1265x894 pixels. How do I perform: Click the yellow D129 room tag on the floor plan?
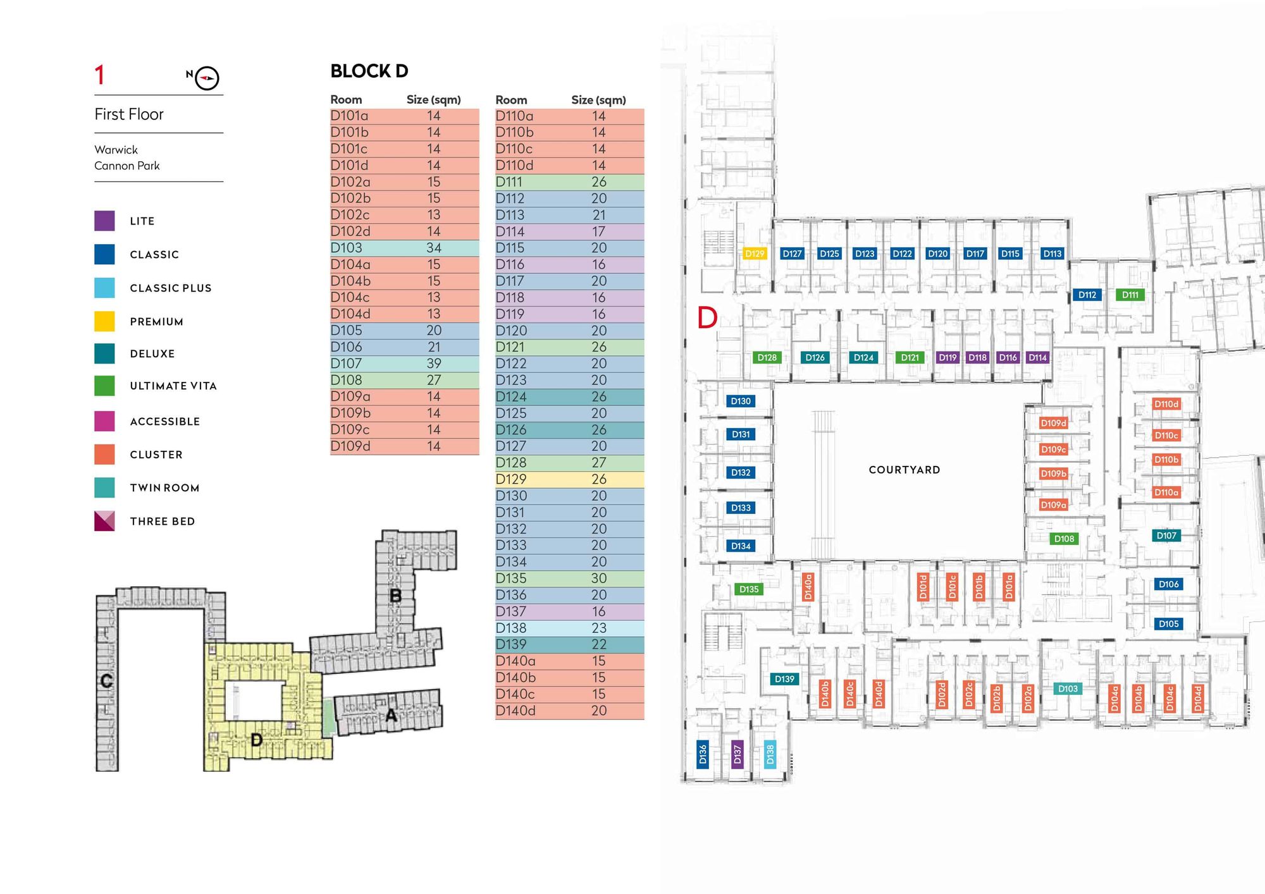755,254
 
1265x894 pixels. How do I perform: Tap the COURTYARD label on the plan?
904,470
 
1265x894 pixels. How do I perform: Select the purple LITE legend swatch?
104,221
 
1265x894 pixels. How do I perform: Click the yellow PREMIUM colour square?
104,321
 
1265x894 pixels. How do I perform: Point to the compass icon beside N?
207,78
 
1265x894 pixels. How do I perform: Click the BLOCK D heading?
369,71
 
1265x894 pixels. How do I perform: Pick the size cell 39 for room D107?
433,364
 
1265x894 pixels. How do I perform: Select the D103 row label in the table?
347,248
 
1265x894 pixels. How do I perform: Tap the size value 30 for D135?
598,579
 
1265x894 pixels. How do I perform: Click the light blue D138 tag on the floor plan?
770,754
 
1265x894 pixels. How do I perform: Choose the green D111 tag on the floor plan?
1130,295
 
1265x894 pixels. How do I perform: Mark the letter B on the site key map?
395,596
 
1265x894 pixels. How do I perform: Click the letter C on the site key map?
106,681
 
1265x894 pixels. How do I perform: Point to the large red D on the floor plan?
707,317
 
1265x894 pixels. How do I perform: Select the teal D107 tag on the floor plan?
1166,536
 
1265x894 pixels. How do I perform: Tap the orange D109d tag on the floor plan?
1053,423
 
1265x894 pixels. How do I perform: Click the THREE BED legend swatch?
104,521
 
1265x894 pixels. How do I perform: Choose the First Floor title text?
129,114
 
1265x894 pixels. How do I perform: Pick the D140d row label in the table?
515,711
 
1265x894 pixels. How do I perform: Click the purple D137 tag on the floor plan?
737,754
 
